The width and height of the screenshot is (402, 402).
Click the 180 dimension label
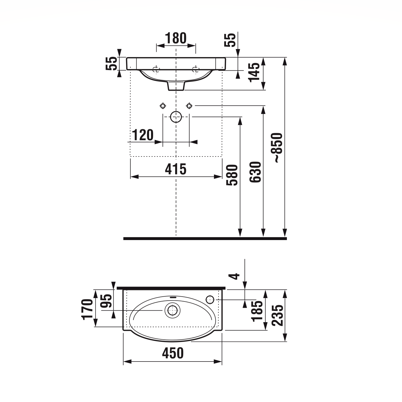point(176,38)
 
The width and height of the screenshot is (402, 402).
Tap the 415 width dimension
point(176,169)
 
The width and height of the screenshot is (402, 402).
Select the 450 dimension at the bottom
point(173,353)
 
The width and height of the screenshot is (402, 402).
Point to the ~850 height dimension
point(278,148)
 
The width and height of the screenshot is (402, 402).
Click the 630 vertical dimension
point(255,172)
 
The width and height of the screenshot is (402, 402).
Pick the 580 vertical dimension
point(232,175)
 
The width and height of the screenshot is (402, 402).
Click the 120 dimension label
point(143,135)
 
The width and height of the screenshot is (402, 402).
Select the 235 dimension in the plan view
point(278,315)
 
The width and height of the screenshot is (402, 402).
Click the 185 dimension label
point(257,311)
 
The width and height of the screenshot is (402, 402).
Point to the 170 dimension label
point(88,309)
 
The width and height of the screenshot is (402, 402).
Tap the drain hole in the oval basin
point(172,310)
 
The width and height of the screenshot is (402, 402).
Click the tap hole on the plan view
point(210,299)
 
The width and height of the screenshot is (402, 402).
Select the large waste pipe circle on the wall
point(176,117)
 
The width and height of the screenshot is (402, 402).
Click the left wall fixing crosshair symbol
point(163,106)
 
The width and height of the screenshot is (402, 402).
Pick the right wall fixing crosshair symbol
point(189,106)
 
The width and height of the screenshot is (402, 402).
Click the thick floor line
point(205,238)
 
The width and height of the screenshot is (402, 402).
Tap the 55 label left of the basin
point(112,63)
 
